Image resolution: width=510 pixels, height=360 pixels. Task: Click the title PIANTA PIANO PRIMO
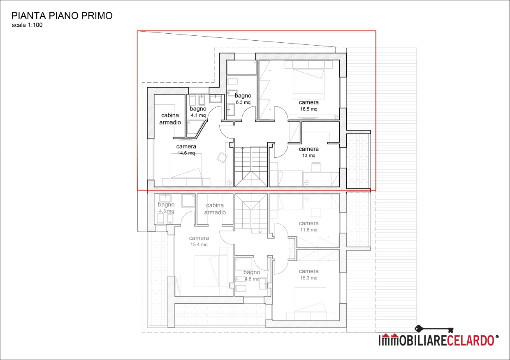[62, 16]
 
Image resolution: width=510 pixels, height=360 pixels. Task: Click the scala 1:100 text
[27, 25]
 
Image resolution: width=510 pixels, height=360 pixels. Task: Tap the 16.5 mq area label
[308, 109]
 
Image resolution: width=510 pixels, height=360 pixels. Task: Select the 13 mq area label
[308, 155]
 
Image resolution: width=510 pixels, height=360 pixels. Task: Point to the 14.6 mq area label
[186, 153]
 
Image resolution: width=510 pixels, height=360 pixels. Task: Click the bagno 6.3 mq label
[243, 99]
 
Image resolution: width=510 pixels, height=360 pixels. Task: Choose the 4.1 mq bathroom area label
[198, 115]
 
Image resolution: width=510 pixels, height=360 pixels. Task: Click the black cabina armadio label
[170, 119]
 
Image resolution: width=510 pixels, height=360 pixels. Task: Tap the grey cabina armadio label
[215, 209]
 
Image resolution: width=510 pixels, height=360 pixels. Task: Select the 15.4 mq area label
[199, 245]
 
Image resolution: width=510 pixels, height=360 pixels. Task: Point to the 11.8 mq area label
[308, 230]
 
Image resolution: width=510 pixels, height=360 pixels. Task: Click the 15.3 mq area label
[308, 278]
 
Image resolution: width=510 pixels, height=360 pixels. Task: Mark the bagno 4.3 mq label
[166, 208]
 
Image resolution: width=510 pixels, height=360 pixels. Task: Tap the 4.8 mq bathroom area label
[252, 279]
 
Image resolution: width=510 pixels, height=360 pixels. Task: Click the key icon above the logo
[434, 329]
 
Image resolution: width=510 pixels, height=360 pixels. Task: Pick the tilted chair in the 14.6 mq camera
[222, 157]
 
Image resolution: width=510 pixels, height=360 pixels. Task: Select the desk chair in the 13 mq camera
[316, 167]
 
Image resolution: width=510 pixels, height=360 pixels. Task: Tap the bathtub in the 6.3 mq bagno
[241, 67]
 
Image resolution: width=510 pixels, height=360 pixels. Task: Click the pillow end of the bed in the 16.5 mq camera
[308, 65]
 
